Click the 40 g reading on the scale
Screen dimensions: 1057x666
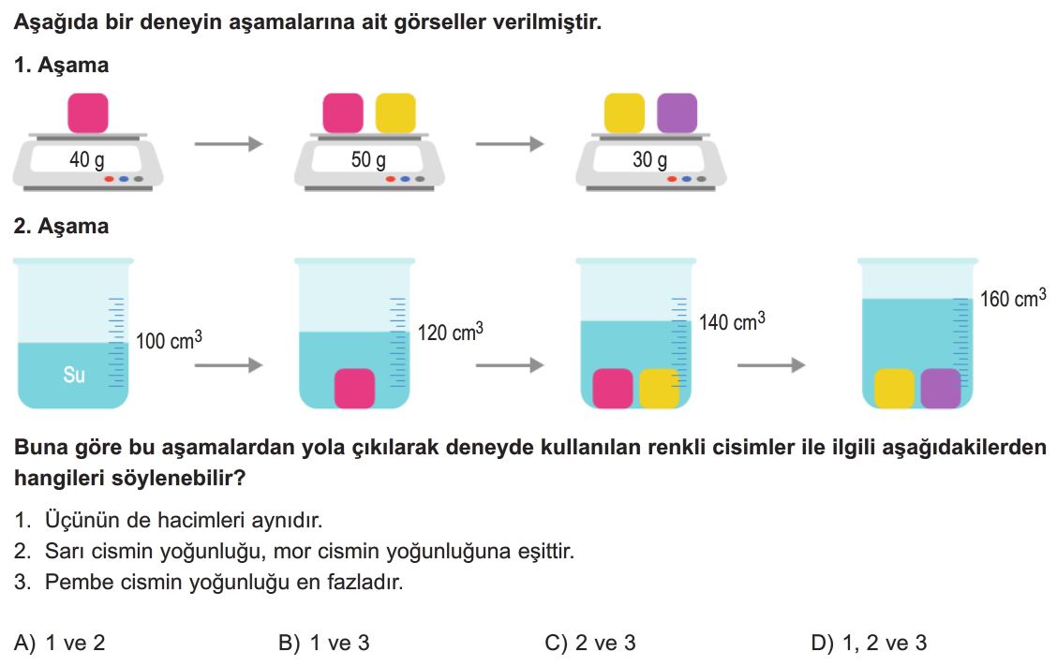coord(87,160)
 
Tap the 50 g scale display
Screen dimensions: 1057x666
coord(369,160)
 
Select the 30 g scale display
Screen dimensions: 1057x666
coord(649,160)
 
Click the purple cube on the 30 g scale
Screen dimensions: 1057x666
coord(677,113)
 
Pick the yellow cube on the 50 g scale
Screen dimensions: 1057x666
coord(395,113)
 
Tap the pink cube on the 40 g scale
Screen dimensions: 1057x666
coord(88,113)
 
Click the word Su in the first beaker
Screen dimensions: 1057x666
coord(74,375)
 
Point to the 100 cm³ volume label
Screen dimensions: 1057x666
coord(170,340)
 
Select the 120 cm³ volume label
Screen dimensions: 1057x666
coord(451,332)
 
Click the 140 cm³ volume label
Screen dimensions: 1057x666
coord(732,321)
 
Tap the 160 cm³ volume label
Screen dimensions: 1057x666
coord(1013,298)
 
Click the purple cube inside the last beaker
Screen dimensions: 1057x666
coord(941,389)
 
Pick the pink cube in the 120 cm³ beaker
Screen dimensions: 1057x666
coord(354,389)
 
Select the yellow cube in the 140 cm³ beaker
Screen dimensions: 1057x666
coord(660,389)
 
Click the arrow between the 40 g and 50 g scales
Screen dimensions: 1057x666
coord(229,143)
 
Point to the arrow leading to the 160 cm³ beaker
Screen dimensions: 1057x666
coord(772,365)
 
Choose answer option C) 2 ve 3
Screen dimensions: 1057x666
coord(590,644)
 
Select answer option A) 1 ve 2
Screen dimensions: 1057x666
coord(59,644)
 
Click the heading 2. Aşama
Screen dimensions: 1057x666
coord(61,226)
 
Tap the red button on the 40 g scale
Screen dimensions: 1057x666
coord(110,179)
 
